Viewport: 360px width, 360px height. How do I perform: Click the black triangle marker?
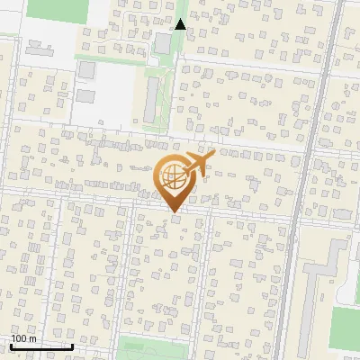tap(180, 24)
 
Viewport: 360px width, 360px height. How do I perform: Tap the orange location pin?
tap(175, 180)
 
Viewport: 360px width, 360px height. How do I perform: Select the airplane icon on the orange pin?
tap(199, 163)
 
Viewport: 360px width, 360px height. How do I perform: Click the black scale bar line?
tap(41, 346)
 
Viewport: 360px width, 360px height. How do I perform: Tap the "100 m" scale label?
tap(23, 338)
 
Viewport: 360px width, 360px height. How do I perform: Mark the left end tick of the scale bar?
tap(11, 345)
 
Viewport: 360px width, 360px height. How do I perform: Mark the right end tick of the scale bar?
tap(72, 345)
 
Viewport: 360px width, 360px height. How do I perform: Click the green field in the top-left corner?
tap(59, 9)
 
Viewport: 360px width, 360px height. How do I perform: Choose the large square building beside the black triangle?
tap(163, 43)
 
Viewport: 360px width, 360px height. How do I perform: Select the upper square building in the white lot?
tap(86, 69)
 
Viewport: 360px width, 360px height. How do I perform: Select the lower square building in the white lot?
tap(85, 94)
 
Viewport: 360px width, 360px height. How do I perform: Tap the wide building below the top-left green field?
tap(40, 47)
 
